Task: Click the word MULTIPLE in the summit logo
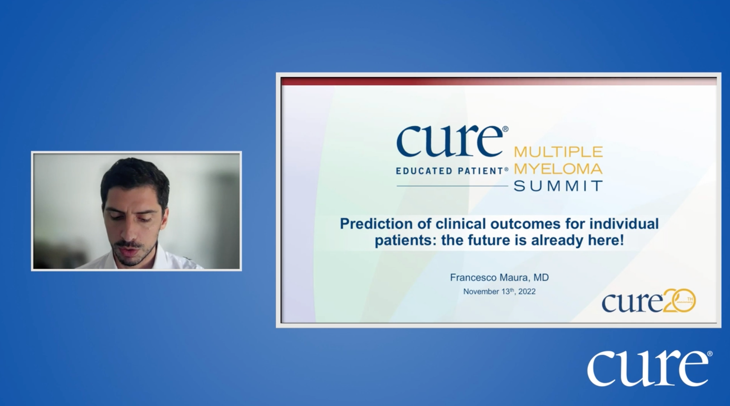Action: (558, 152)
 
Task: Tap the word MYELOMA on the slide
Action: (558, 169)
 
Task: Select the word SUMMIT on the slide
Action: (558, 186)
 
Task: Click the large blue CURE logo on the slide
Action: (451, 142)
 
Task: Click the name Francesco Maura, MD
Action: (499, 278)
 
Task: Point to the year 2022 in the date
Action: (527, 292)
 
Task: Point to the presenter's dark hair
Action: (134, 175)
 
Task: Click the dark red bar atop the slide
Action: (499, 81)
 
